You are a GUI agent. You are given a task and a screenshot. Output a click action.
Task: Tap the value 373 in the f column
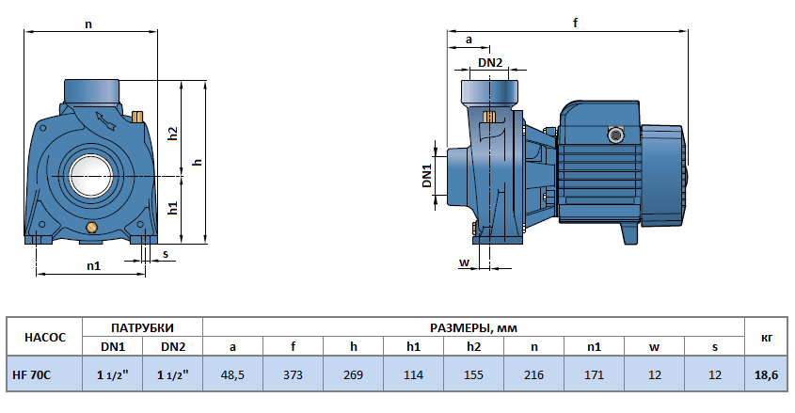(x=293, y=374)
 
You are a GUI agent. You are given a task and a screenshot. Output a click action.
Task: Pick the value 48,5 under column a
(x=232, y=374)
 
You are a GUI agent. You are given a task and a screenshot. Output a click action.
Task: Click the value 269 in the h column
(x=353, y=374)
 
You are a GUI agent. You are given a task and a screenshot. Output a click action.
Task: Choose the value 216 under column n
(x=533, y=374)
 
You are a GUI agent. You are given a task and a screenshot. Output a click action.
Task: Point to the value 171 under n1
(x=594, y=374)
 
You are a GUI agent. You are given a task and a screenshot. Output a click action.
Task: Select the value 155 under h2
(x=473, y=374)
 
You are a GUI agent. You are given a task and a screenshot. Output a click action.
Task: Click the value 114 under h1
(x=413, y=374)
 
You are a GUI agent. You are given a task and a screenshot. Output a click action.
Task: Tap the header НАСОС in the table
(x=45, y=337)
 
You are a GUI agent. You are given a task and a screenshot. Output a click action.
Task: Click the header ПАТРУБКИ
(x=142, y=327)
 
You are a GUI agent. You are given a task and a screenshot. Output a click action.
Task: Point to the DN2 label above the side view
(x=490, y=63)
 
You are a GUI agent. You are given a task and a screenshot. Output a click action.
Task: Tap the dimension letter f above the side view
(x=575, y=24)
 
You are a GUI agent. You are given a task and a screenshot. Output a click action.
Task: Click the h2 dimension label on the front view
(x=172, y=133)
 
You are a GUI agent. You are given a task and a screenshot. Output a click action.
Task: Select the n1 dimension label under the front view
(x=93, y=265)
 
